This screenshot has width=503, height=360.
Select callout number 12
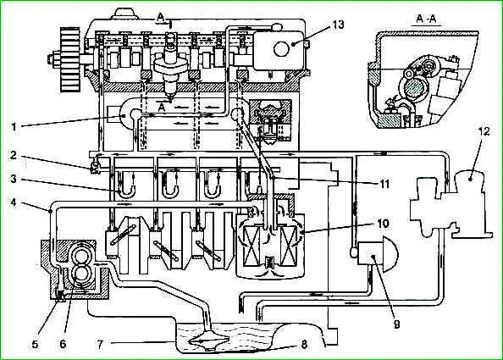(484, 131)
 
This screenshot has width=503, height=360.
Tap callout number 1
(14, 127)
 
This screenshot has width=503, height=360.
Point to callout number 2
(14, 155)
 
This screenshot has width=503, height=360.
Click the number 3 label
(14, 179)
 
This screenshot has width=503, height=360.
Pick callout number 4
(14, 202)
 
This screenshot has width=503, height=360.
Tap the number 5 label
(35, 344)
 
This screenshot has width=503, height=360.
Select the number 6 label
(63, 344)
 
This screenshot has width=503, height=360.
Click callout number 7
(100, 345)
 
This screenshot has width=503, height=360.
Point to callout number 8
(304, 344)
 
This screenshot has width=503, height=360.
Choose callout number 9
(397, 325)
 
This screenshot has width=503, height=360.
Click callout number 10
(383, 223)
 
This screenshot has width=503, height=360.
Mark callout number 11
(384, 184)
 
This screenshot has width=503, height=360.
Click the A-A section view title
(426, 19)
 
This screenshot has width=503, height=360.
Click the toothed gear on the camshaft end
(69, 60)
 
